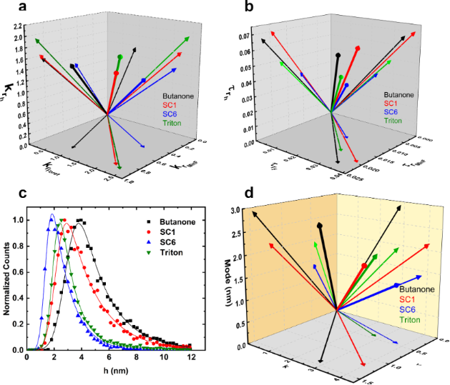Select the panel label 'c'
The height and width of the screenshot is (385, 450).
tap(9, 194)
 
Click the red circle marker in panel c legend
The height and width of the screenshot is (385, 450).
tap(148, 228)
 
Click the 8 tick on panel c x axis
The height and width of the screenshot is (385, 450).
tap(137, 359)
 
